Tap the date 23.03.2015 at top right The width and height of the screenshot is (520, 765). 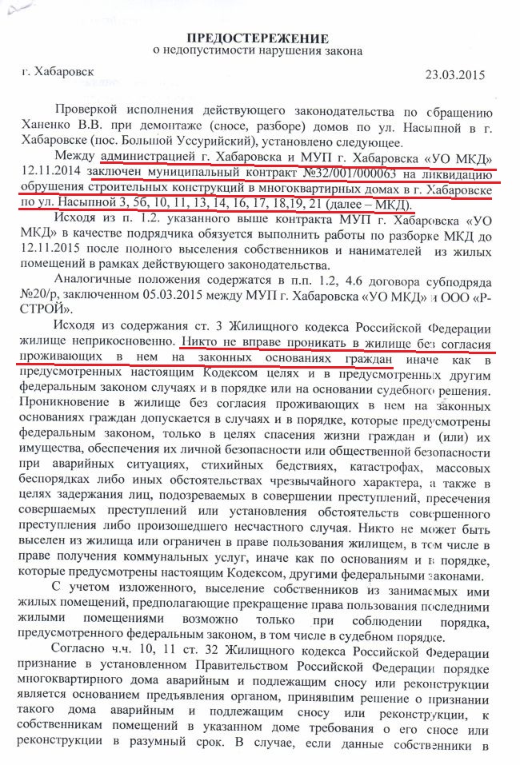point(454,77)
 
